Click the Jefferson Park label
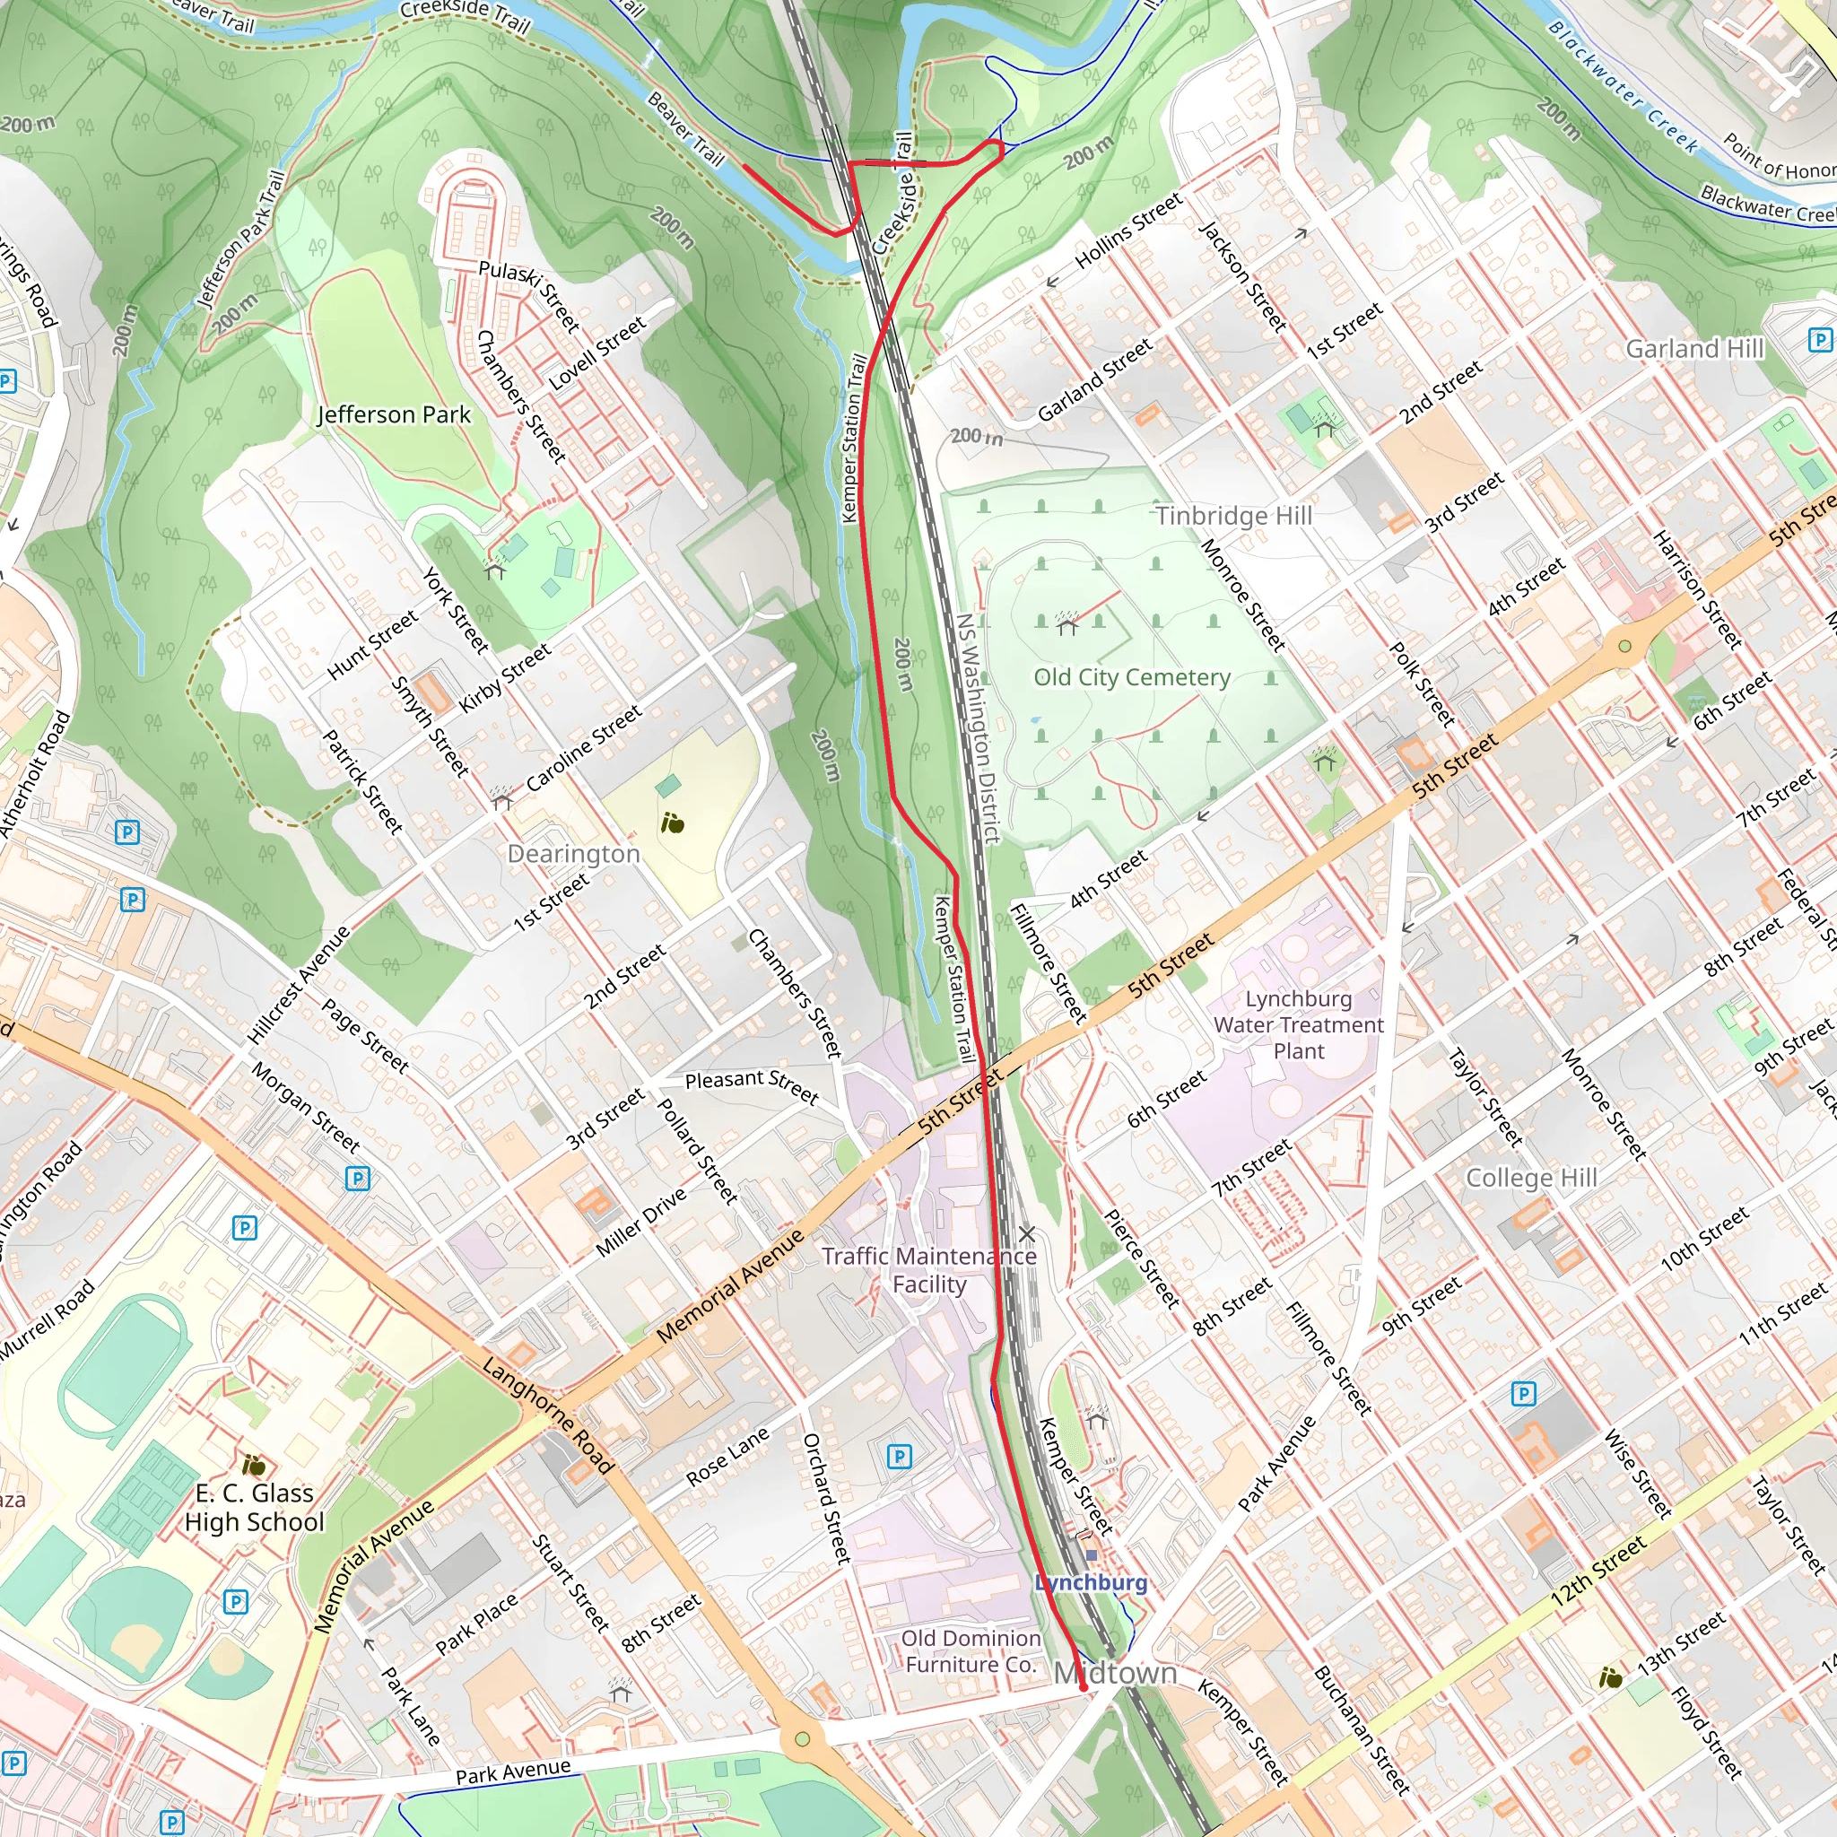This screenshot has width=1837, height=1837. click(394, 414)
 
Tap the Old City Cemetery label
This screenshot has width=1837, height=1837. click(1131, 677)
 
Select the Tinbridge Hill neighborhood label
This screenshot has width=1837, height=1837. click(1233, 516)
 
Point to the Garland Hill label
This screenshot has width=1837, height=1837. click(1694, 349)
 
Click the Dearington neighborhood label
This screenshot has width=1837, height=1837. click(573, 853)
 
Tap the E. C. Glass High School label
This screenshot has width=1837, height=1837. click(255, 1507)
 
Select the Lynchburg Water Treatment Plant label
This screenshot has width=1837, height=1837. click(1298, 1024)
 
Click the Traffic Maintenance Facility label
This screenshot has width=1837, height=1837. click(929, 1269)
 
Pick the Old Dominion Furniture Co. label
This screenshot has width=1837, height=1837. click(970, 1650)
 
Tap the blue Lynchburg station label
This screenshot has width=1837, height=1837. click(1091, 1582)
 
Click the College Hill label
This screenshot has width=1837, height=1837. click(1531, 1177)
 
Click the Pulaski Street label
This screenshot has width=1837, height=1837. click(528, 297)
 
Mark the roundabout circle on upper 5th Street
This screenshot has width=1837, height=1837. click(1624, 647)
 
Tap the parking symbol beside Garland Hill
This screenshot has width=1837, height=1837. click(1819, 339)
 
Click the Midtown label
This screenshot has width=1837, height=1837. click(1115, 1673)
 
